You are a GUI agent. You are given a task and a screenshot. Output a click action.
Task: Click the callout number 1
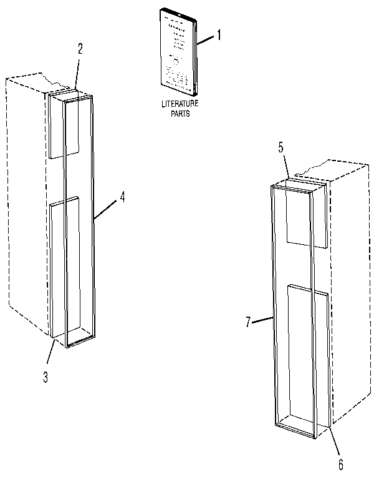(219, 36)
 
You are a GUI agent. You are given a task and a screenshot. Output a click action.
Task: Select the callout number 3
(46, 377)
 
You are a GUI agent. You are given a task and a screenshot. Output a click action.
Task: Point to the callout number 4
(122, 196)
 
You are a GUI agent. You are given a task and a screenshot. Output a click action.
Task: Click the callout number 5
(281, 147)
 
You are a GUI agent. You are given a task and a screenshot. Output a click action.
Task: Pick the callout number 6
(340, 465)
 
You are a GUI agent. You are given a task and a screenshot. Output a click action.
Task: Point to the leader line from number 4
(107, 208)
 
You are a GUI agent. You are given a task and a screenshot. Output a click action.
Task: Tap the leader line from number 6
(335, 443)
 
